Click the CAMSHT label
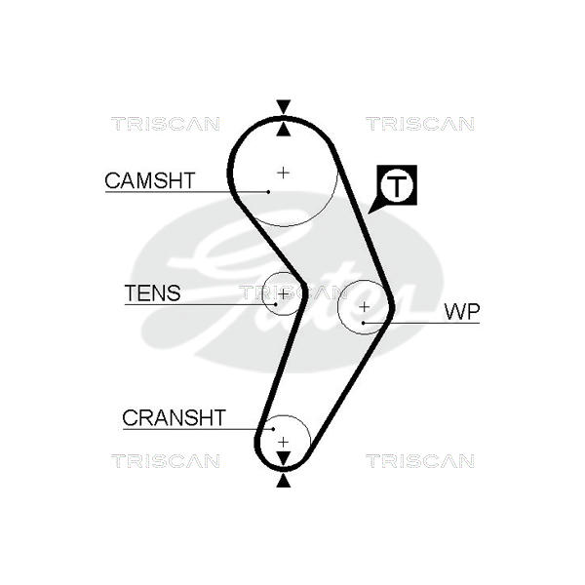(150, 180)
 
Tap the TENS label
(152, 292)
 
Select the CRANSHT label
(174, 418)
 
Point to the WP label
(462, 312)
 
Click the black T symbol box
(398, 185)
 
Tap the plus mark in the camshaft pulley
(283, 173)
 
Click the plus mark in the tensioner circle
(283, 293)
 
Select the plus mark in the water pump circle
(365, 306)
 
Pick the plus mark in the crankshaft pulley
(283, 442)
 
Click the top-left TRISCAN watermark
(165, 124)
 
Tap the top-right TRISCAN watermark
(420, 124)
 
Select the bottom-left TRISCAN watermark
(165, 460)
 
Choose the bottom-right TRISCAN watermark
(420, 460)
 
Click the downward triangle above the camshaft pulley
(283, 106)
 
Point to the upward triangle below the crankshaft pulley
(283, 480)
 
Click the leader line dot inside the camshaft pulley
(267, 191)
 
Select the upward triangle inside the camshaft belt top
(283, 129)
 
